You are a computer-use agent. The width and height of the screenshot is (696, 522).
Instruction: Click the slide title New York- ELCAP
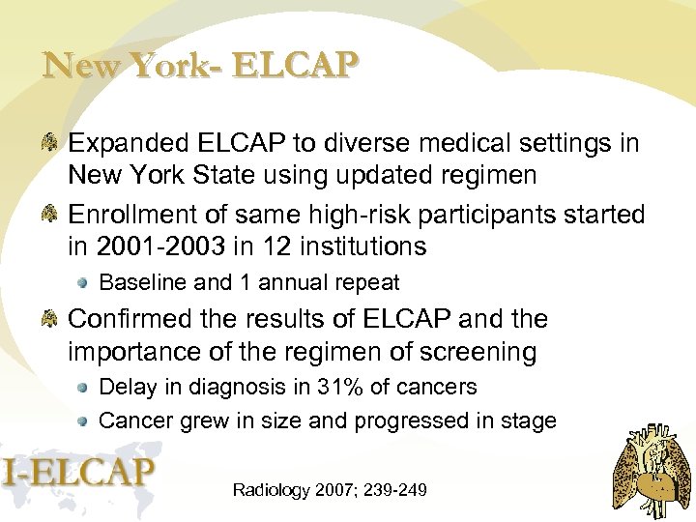[201, 67]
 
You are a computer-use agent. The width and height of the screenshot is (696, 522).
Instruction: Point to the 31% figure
[342, 388]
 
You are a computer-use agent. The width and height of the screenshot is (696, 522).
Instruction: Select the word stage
[530, 420]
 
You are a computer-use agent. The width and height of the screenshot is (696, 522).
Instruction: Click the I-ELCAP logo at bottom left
[78, 473]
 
